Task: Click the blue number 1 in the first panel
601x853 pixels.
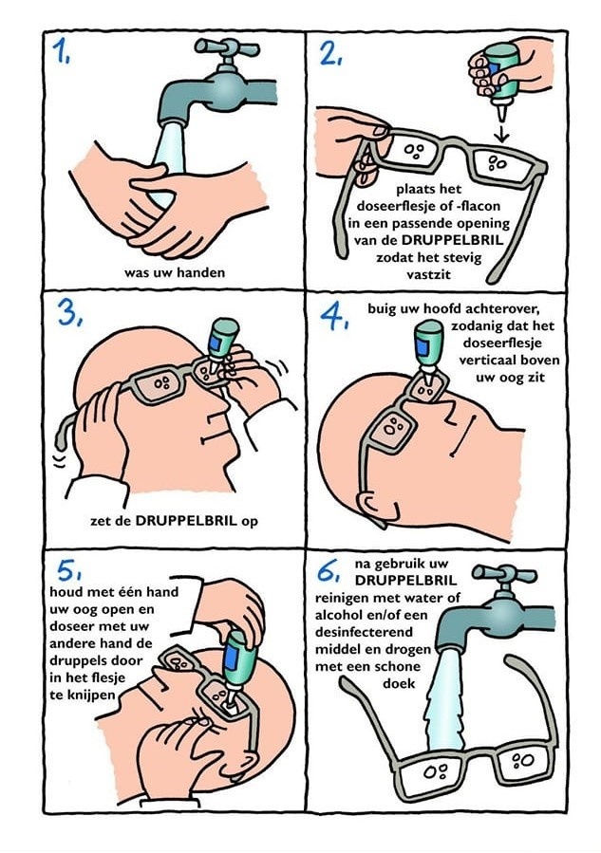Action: [61, 53]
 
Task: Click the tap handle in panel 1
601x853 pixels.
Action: [227, 48]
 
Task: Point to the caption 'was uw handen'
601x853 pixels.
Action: [174, 272]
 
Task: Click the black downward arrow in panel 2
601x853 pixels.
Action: [502, 131]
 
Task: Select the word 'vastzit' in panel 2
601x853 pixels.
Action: [429, 274]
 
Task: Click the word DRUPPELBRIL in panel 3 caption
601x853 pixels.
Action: [186, 520]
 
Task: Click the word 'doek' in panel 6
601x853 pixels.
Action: [399, 683]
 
